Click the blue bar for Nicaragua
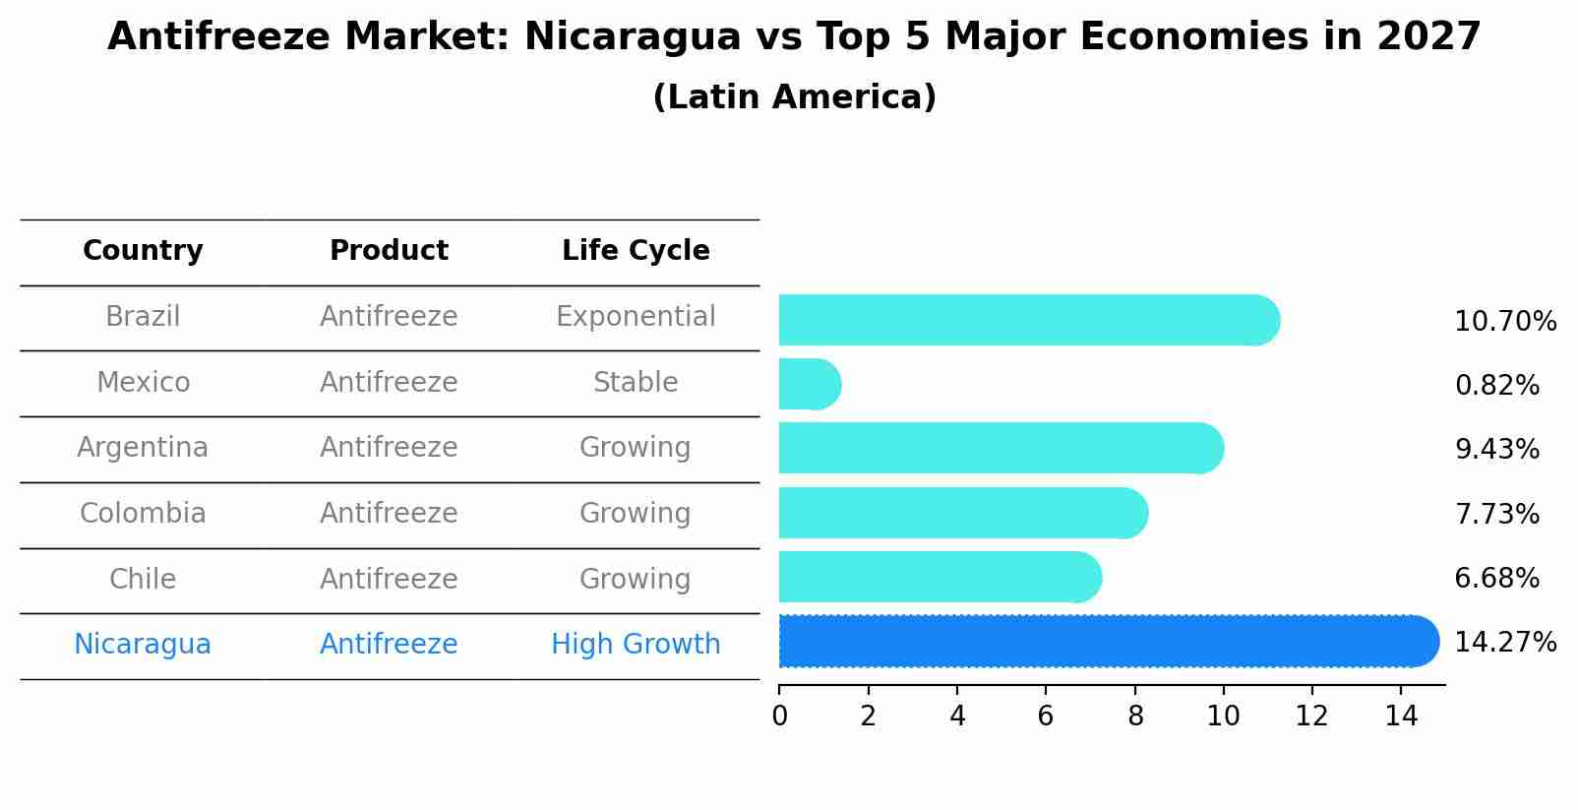(1102, 642)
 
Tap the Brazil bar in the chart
(1023, 320)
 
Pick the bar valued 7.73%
(959, 513)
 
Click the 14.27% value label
(1504, 643)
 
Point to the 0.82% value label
(1496, 386)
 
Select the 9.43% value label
(1496, 450)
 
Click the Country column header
(143, 251)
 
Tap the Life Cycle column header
(636, 251)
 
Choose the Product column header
(389, 251)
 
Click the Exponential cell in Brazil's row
(636, 317)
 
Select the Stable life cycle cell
(636, 382)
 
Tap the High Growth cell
(636, 645)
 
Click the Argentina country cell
(143, 448)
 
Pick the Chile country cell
(143, 579)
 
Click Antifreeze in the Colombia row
(389, 514)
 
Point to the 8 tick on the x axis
(1135, 716)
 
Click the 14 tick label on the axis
(1401, 716)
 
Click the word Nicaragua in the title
(633, 37)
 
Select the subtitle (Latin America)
(794, 97)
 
